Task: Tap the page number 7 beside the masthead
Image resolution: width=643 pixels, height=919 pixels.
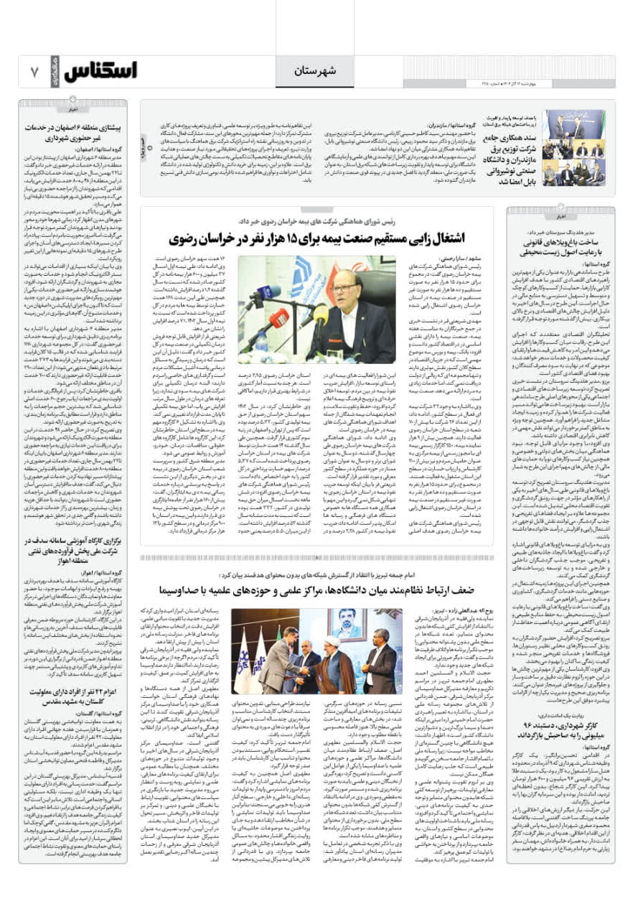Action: [34, 72]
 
